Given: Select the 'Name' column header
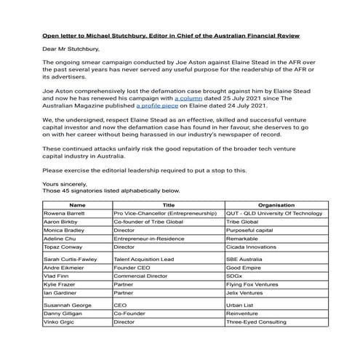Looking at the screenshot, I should tap(76, 205).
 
